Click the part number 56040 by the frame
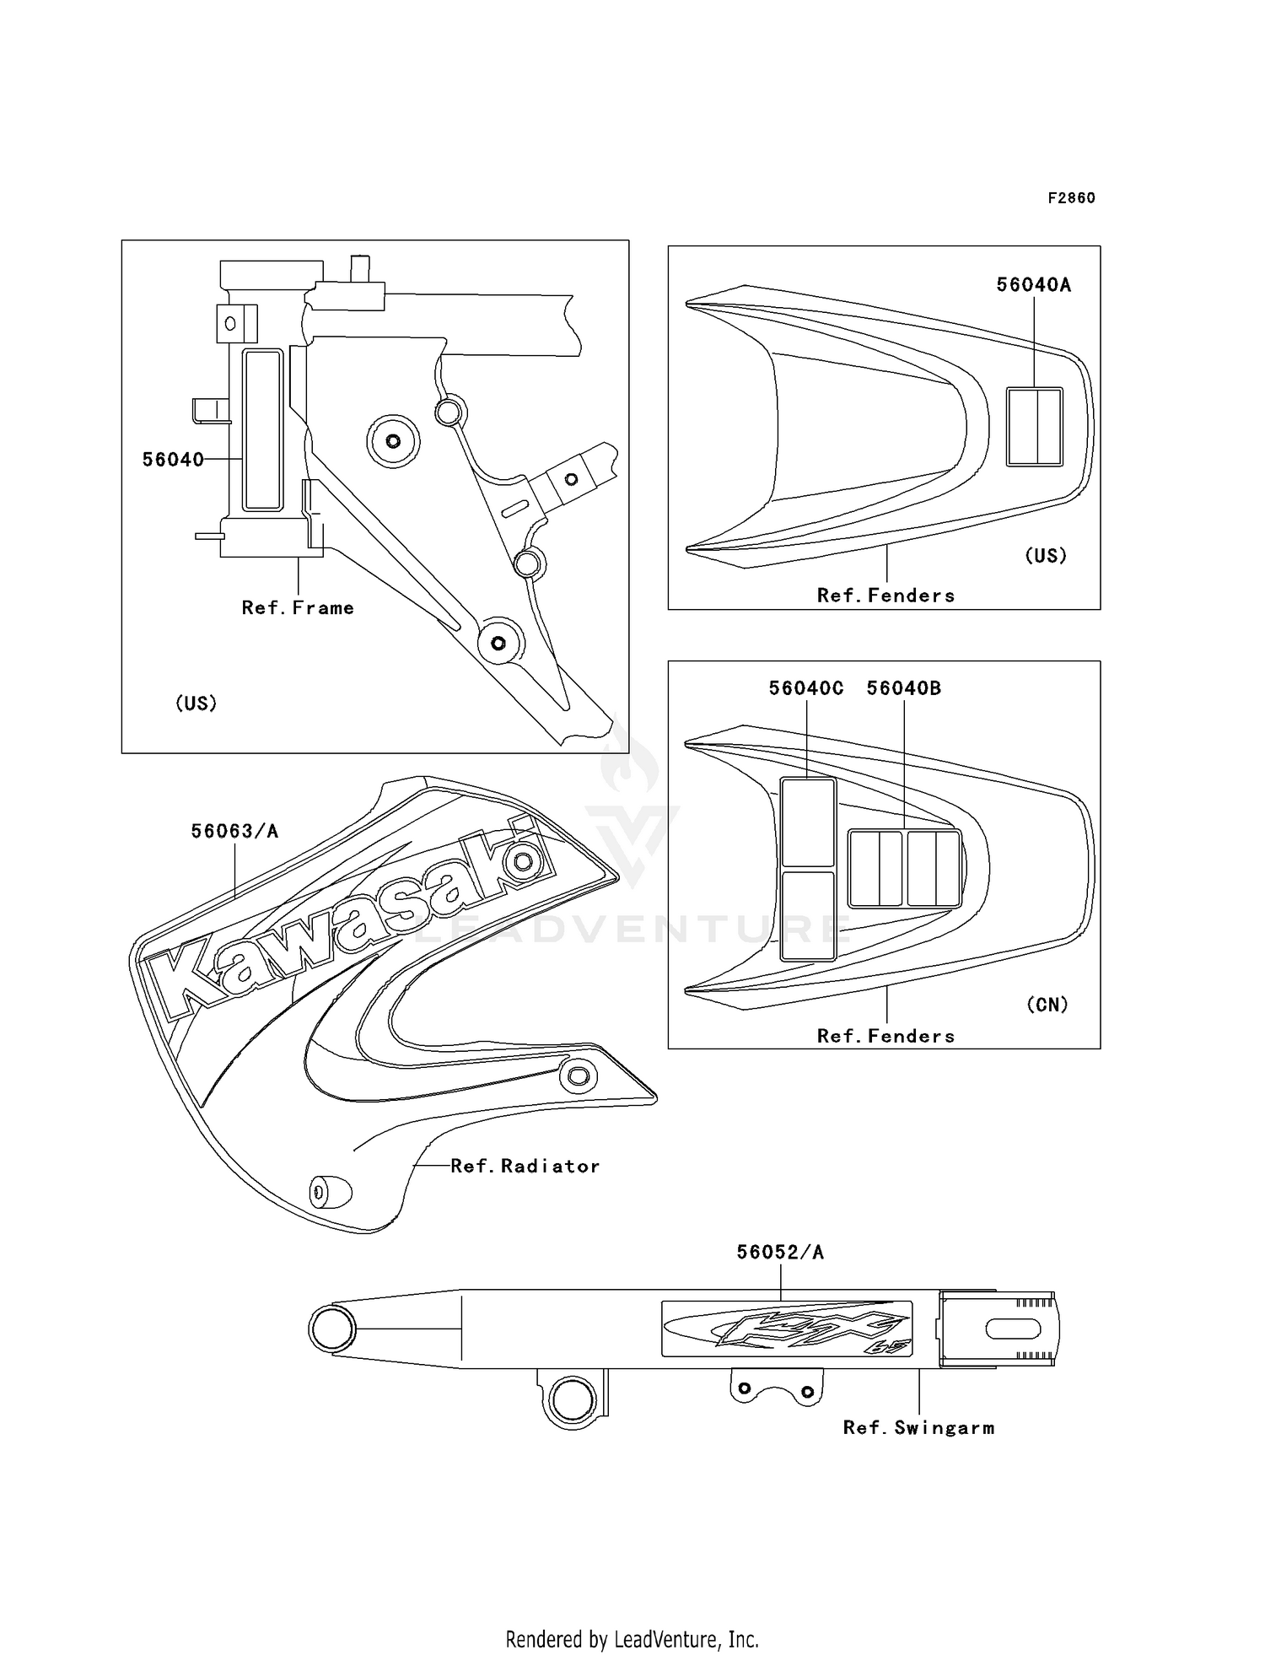173,460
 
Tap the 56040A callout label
1033,285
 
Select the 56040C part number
805,688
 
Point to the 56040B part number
904,688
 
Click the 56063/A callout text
234,832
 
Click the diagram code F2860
1071,198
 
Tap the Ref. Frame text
298,608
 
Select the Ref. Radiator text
525,1167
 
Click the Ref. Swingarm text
918,1428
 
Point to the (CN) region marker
1047,1005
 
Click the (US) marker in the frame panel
196,704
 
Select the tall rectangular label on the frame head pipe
262,430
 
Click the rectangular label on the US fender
1034,427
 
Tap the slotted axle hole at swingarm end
1012,1329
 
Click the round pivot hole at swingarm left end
331,1329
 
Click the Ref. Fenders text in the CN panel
885,1037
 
